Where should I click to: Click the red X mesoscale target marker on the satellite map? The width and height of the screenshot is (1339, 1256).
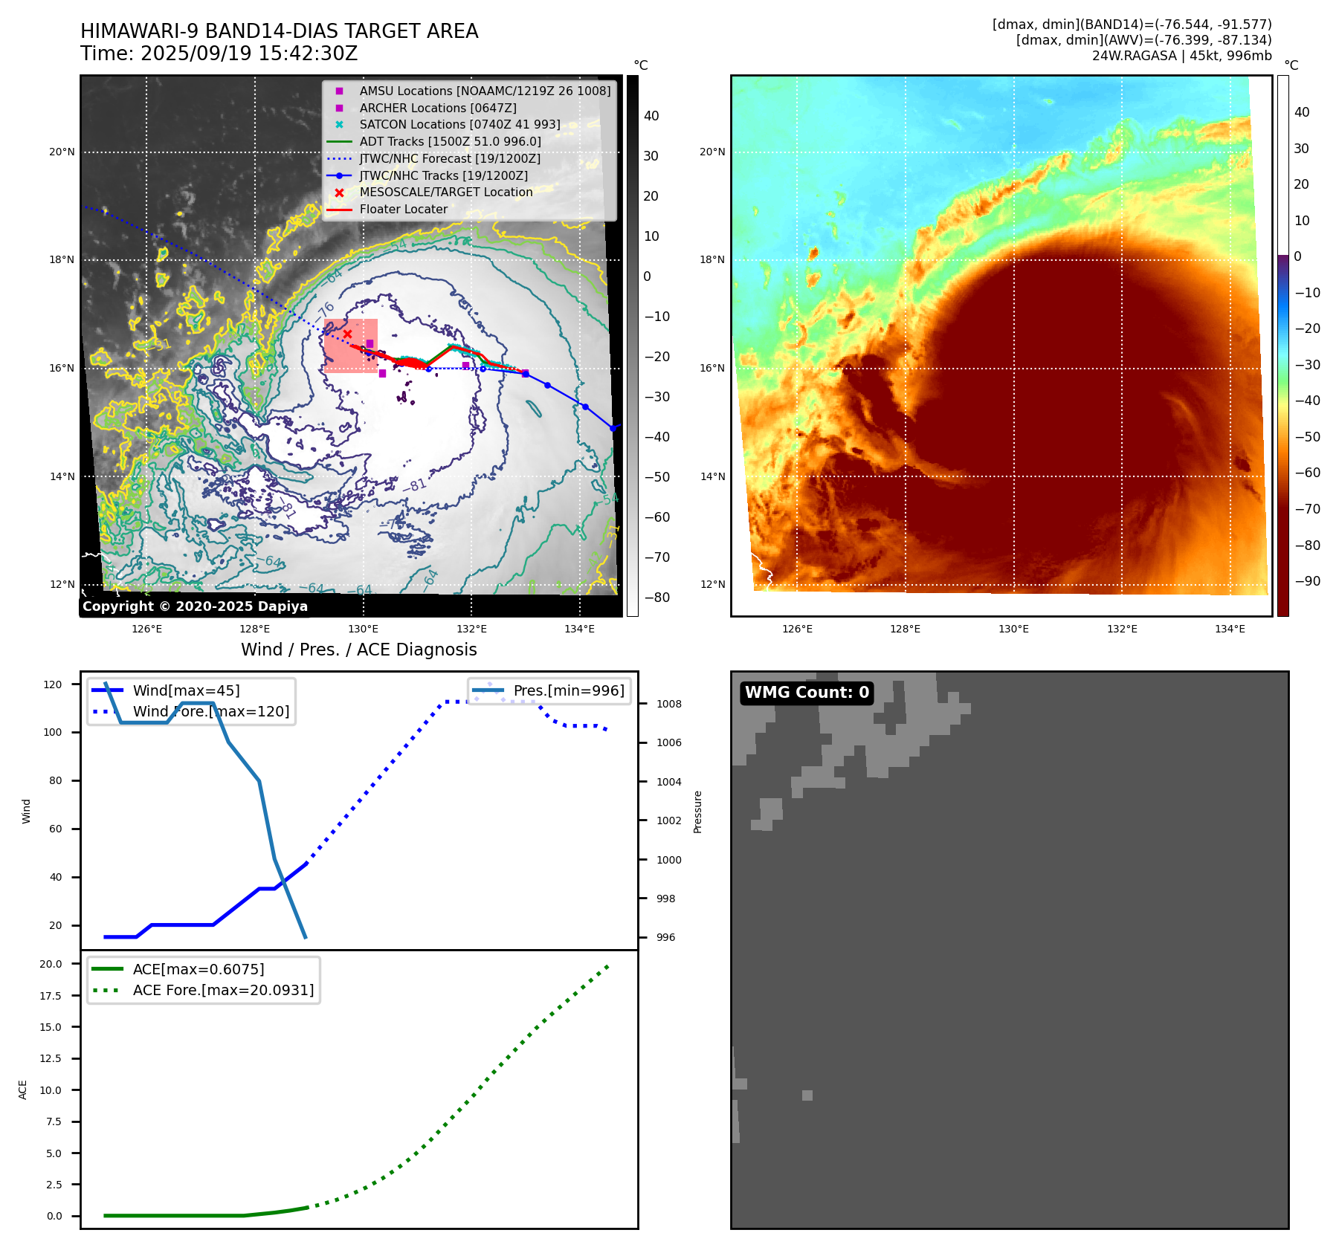[x=347, y=334]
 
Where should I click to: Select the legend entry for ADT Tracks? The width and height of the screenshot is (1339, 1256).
[x=450, y=141]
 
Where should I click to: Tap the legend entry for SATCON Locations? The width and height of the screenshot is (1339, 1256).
[x=459, y=124]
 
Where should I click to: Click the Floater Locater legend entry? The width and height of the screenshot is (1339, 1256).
[x=403, y=209]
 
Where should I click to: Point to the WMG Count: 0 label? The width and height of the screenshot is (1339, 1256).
[x=807, y=693]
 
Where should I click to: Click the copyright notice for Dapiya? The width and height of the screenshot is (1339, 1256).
[x=195, y=606]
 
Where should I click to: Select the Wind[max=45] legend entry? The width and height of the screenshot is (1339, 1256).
[x=186, y=690]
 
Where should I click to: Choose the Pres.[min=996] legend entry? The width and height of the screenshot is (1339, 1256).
[x=569, y=690]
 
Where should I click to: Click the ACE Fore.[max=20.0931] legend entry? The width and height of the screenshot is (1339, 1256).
[x=223, y=990]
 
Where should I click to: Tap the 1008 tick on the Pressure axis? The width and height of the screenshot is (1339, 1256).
[x=668, y=704]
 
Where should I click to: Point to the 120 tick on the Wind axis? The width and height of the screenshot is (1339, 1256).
[x=53, y=684]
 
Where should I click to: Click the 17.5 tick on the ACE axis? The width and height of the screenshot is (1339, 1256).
[x=51, y=996]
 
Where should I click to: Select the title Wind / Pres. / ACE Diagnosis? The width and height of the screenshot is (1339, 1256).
[x=358, y=650]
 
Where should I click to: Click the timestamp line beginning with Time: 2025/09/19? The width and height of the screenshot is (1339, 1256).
[x=219, y=54]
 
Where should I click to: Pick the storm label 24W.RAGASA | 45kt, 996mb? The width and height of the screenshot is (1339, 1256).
[x=1181, y=56]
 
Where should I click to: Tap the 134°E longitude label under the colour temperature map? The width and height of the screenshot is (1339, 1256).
[x=1230, y=629]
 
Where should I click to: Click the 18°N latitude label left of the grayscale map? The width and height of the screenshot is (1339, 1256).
[x=62, y=260]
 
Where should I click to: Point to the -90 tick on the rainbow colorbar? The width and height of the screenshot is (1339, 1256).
[x=1307, y=581]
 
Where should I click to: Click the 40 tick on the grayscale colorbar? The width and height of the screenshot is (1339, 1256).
[x=651, y=115]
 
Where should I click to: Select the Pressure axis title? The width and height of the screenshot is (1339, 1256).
[x=697, y=812]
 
